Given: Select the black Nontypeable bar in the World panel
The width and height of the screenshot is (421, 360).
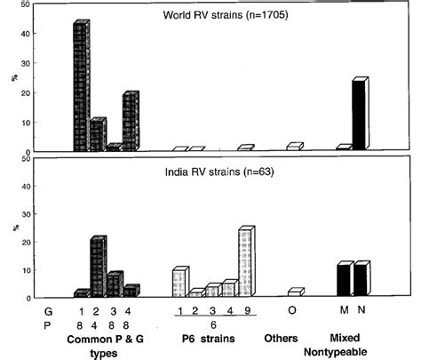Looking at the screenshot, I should coord(359,115).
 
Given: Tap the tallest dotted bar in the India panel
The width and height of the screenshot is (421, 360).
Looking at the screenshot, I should coord(245,263).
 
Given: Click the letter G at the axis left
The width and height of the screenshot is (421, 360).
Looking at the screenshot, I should coord(50,309).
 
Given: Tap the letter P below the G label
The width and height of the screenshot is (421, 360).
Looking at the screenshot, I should coord(50,324).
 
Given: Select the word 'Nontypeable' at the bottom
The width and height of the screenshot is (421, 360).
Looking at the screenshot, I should coord(349,351).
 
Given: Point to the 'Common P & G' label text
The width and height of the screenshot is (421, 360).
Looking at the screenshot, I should coord(107,339).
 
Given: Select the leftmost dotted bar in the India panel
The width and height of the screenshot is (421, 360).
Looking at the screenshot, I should coord(179,282).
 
